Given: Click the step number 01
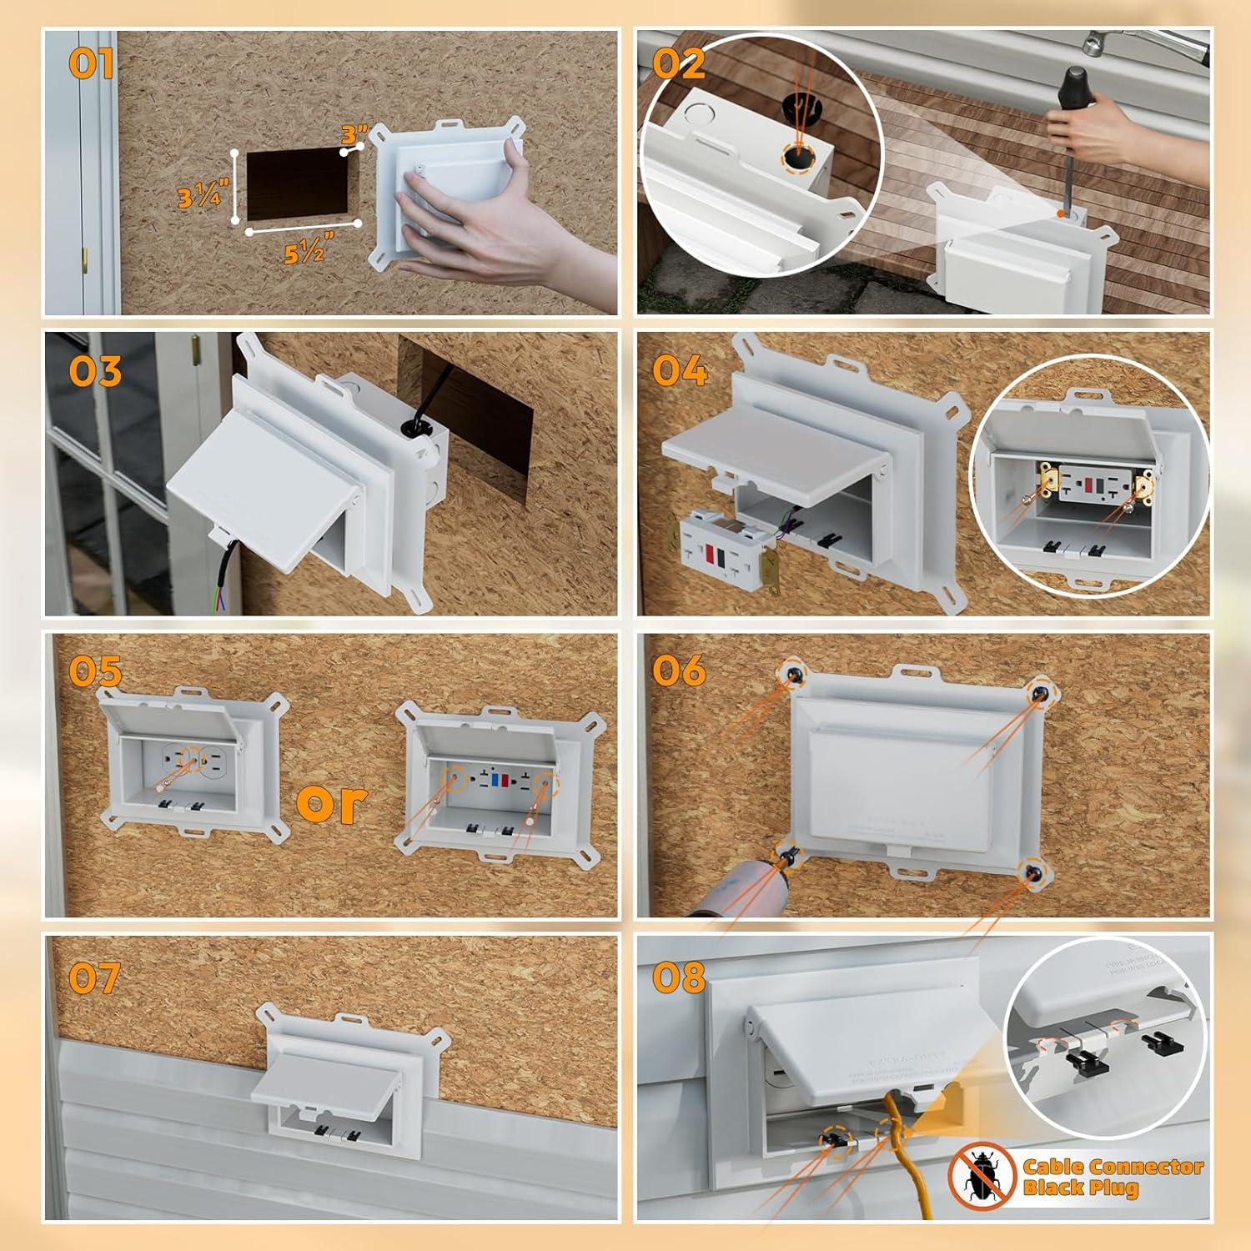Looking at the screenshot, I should coord(91,63).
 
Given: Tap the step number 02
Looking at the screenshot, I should coord(679,63).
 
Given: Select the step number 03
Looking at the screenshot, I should coord(95,370).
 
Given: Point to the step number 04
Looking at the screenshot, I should coord(681,369).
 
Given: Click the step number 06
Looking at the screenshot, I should coord(680,670).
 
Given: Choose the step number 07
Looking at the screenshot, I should coord(94,977).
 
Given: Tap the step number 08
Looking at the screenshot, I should coord(680,977).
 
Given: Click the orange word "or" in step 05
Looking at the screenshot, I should coord(331,801).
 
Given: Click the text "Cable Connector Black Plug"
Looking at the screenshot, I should coord(1113,1177).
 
